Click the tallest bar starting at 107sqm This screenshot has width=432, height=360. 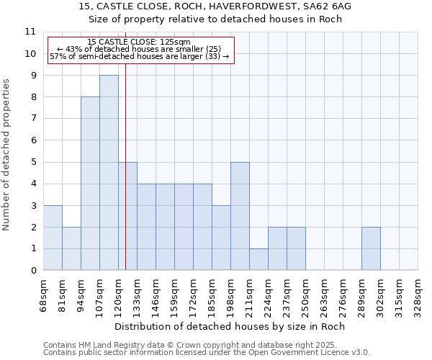[109, 173]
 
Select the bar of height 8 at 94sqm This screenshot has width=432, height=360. [90, 184]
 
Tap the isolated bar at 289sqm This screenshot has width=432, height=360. [371, 248]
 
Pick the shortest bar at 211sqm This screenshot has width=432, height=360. [258, 259]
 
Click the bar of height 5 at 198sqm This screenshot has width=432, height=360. [240, 216]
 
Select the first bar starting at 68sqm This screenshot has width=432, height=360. [53, 238]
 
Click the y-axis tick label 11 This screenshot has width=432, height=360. [30, 32]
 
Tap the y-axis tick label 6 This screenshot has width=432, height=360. [33, 140]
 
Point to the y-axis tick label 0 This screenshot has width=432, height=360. [33, 271]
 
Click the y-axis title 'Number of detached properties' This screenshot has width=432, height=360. [6, 155]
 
